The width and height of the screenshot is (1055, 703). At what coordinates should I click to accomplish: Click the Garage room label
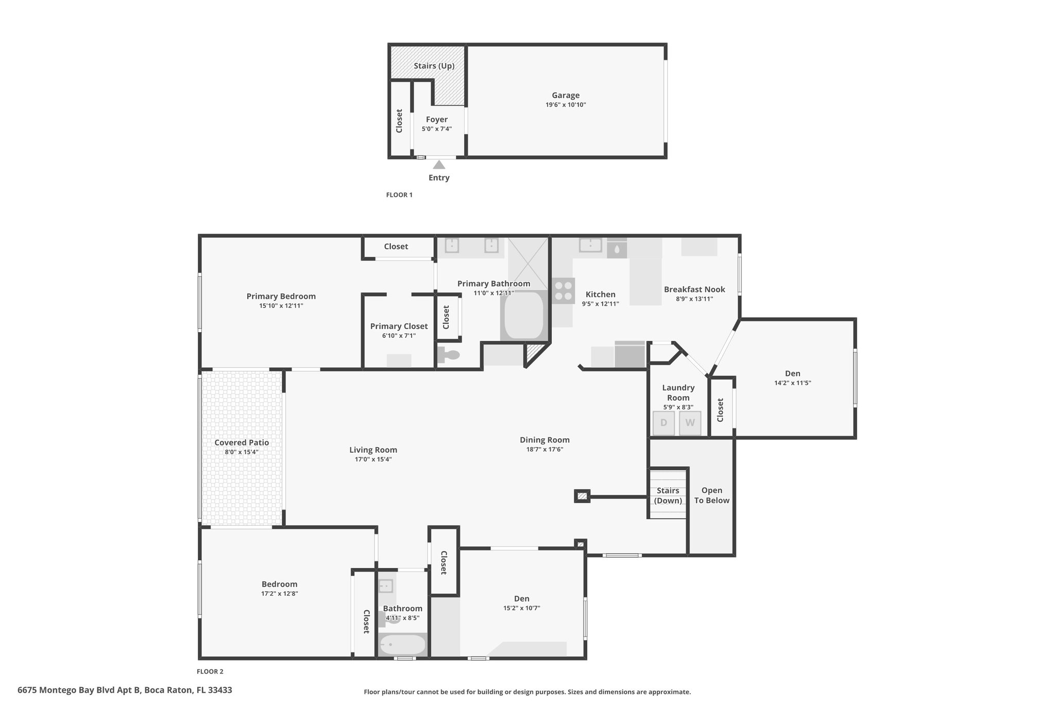pyautogui.click(x=566, y=95)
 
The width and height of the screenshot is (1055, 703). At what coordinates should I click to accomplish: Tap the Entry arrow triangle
pyautogui.click(x=439, y=165)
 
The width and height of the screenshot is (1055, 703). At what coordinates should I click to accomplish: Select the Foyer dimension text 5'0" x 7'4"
pyautogui.click(x=437, y=129)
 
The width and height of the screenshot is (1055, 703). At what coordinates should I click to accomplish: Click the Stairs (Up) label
pyautogui.click(x=434, y=66)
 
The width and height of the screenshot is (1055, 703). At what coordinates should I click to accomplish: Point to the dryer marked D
pyautogui.click(x=663, y=423)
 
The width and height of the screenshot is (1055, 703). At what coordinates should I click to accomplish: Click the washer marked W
pyautogui.click(x=690, y=423)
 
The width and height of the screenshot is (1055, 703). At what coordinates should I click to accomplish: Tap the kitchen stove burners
pyautogui.click(x=564, y=290)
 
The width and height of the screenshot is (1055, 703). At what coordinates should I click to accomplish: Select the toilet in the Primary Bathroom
pyautogui.click(x=448, y=354)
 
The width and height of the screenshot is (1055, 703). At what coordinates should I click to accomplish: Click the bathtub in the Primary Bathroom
pyautogui.click(x=523, y=315)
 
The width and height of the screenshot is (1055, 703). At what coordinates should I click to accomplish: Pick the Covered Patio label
pyautogui.click(x=242, y=442)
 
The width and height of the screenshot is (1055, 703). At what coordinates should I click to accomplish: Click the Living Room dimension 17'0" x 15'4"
pyautogui.click(x=373, y=459)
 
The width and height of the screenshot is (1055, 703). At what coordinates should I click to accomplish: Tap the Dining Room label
pyautogui.click(x=544, y=440)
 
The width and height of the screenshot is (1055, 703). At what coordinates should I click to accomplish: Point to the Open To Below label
pyautogui.click(x=712, y=495)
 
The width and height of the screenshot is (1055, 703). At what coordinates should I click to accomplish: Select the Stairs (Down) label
pyautogui.click(x=668, y=495)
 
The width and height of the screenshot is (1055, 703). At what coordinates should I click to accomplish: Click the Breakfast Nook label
pyautogui.click(x=694, y=289)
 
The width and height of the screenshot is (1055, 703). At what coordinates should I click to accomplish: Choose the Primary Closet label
pyautogui.click(x=399, y=326)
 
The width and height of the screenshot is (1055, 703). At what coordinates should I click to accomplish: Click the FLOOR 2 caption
pyautogui.click(x=210, y=672)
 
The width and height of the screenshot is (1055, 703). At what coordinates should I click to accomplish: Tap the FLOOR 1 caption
pyautogui.click(x=399, y=195)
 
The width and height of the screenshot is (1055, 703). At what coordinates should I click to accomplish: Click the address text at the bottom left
pyautogui.click(x=125, y=690)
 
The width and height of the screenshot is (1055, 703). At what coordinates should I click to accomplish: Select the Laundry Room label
pyautogui.click(x=678, y=392)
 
